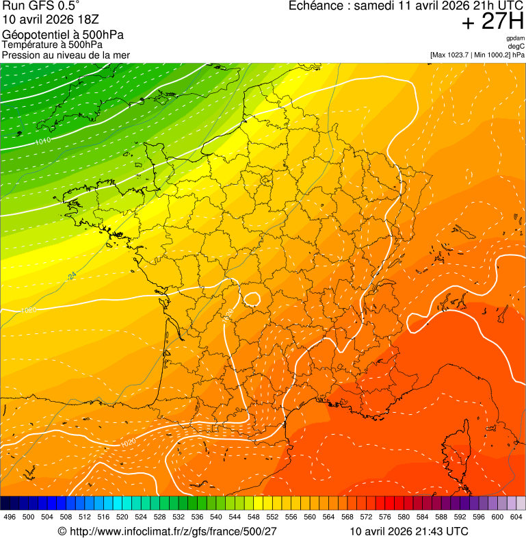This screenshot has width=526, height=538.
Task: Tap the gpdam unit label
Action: [x=515, y=38]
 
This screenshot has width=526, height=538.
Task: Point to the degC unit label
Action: [x=516, y=46]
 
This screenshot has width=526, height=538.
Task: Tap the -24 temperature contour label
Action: [x=71, y=276]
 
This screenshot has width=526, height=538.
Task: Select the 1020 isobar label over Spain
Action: [x=127, y=443]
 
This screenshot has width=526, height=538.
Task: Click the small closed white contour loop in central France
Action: [x=252, y=299]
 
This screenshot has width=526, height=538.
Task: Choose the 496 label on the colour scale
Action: [x=10, y=517]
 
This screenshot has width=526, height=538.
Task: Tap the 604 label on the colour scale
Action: [x=516, y=517]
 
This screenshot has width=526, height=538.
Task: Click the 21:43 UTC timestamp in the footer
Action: [x=438, y=531]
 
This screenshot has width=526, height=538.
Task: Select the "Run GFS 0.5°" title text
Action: [x=41, y=6]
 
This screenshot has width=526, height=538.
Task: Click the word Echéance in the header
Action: [x=315, y=6]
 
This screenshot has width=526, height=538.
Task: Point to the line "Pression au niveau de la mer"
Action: [x=66, y=55]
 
